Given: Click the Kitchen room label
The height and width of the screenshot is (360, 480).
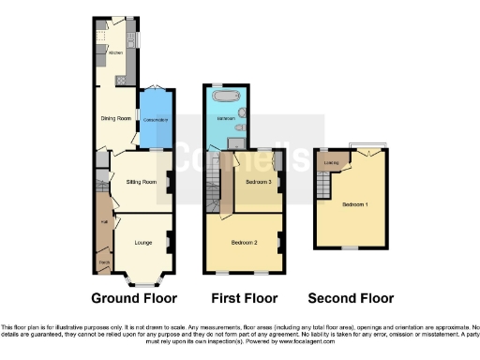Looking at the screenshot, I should pyautogui.click(x=114, y=53).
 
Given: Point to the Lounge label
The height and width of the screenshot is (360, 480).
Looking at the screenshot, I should pyautogui.click(x=142, y=243).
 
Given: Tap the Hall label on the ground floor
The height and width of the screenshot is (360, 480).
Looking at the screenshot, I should pyautogui.click(x=102, y=222).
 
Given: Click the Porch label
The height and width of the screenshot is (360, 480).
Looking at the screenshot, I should pyautogui.click(x=102, y=262).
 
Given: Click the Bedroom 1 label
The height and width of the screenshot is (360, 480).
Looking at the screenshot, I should pyautogui.click(x=354, y=203).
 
